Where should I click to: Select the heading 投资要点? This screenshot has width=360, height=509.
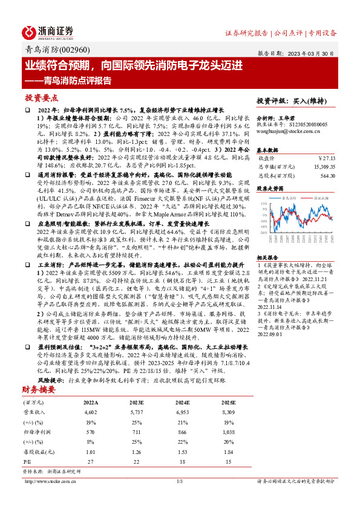tap(41, 97)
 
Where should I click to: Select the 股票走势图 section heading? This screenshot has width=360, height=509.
tap(270, 188)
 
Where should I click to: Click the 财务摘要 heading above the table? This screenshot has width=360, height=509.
tap(38, 373)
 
